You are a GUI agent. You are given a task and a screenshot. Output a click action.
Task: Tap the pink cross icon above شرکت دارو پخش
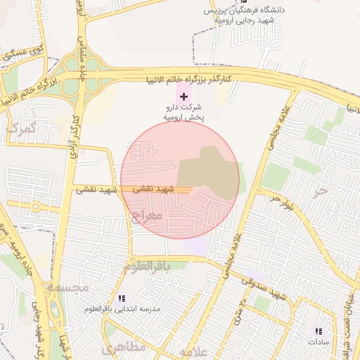click(184, 96)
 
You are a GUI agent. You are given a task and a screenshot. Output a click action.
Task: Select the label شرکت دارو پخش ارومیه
click(184, 112)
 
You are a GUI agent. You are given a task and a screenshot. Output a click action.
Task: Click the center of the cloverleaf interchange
click(83, 68)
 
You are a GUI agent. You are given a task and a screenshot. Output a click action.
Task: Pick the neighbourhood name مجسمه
click(67, 288)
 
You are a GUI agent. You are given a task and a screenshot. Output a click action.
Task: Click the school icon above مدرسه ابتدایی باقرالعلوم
click(122, 298)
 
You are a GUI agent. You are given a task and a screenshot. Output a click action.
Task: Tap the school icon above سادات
click(318, 330)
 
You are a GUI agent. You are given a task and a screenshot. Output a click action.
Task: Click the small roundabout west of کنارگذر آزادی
click(34, 207)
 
